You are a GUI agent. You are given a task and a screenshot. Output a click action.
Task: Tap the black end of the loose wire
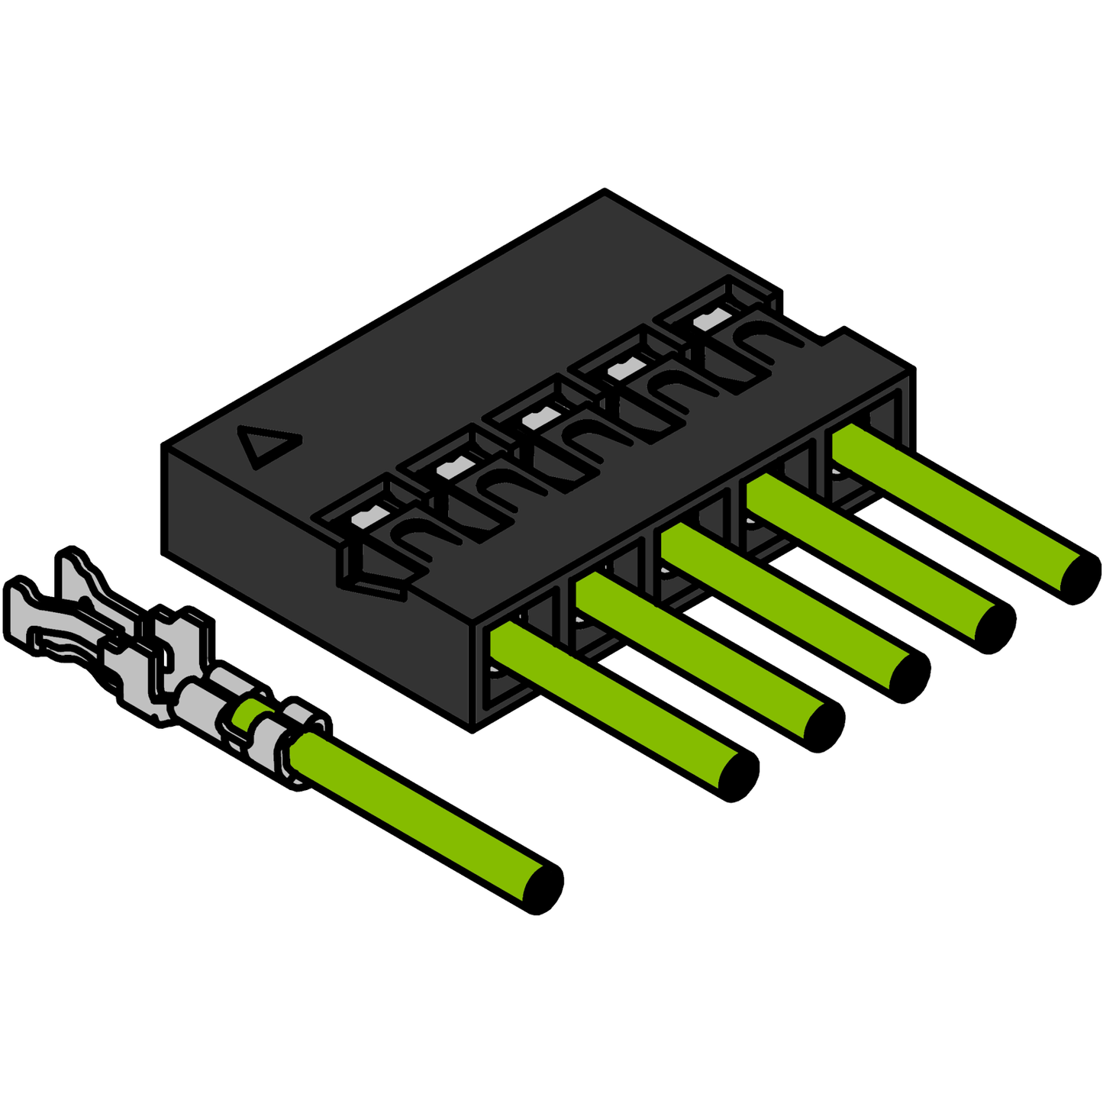543,889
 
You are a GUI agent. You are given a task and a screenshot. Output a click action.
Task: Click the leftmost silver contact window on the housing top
363,519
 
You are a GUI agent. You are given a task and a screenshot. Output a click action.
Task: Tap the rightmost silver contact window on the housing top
708,321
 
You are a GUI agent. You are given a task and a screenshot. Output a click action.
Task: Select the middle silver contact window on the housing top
534,419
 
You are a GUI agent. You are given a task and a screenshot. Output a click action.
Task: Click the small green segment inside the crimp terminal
246,714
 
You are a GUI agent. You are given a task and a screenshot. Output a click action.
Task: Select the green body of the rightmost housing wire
954,504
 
